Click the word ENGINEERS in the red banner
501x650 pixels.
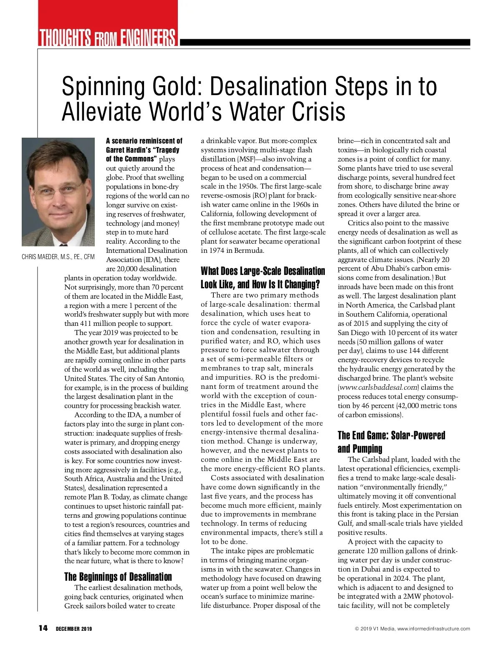[148, 38]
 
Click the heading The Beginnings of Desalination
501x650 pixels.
[118, 577]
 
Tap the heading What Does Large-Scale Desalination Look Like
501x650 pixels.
[263, 278]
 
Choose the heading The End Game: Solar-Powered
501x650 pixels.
[391, 436]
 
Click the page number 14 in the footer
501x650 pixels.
[43, 628]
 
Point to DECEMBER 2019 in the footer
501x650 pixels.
[74, 629]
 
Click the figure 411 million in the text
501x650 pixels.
[98, 324]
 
